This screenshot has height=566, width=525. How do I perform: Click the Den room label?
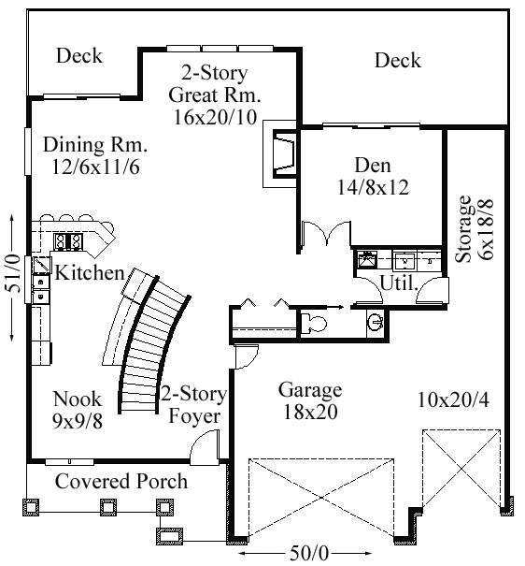coord(373,176)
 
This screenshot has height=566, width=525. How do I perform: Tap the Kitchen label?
coord(90,272)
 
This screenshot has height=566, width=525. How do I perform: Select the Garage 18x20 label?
coord(310,400)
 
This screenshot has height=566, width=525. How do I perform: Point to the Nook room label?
coord(78,410)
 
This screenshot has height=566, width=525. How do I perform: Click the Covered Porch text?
coord(121,481)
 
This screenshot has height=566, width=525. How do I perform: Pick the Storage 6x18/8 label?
coord(474,228)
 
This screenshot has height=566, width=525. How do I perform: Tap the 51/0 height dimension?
coord(11,277)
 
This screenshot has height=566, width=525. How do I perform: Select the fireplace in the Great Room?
coord(280,153)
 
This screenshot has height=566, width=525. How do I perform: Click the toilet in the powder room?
coord(313,323)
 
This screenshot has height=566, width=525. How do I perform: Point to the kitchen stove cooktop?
coord(68,241)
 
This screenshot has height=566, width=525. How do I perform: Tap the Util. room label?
coord(399,283)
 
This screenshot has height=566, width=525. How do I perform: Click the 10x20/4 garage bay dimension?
coord(453,400)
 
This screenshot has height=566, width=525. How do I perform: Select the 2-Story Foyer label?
coord(193,405)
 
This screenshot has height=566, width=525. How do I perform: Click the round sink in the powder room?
coord(376,321)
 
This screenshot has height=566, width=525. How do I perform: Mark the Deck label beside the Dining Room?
coord(79,56)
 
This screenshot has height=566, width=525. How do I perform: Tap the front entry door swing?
coord(205,446)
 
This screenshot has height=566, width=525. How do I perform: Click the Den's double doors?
coord(326,234)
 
